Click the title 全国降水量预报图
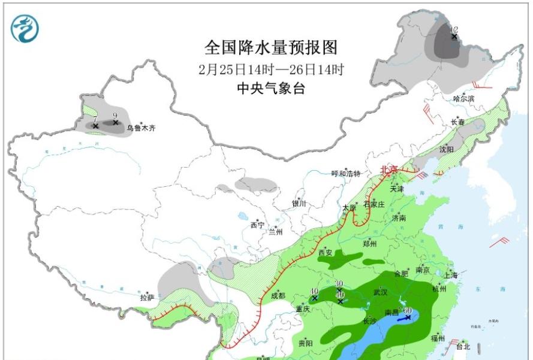[271, 47]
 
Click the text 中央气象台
[271, 88]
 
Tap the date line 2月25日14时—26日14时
[271, 69]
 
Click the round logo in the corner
[24, 28]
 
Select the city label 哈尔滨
[463, 98]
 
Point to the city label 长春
[458, 122]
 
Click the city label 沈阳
[447, 149]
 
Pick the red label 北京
[389, 170]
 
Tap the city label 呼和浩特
[346, 174]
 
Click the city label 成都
[278, 295]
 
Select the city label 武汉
[381, 292]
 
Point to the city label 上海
[451, 275]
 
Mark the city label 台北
[463, 346]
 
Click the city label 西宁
[257, 225]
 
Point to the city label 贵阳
[305, 343]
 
